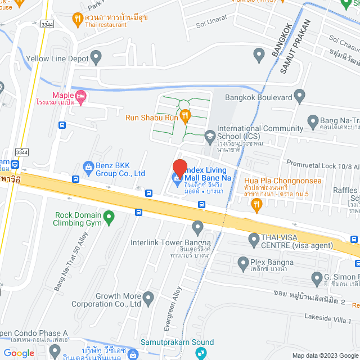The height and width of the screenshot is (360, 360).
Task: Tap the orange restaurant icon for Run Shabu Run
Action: click(186, 116)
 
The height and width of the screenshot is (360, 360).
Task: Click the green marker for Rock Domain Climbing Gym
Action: click(110, 215)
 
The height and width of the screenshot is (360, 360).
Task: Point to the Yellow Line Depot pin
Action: click(96, 57)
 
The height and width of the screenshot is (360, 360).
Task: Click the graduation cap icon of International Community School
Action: click(209, 134)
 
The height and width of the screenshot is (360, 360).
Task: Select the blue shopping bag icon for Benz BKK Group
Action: click(88, 166)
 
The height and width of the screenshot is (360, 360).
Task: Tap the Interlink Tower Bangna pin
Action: click(197, 228)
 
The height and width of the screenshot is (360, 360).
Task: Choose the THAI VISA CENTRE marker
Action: click(253, 240)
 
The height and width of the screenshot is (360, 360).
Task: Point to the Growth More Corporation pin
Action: click(148, 297)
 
